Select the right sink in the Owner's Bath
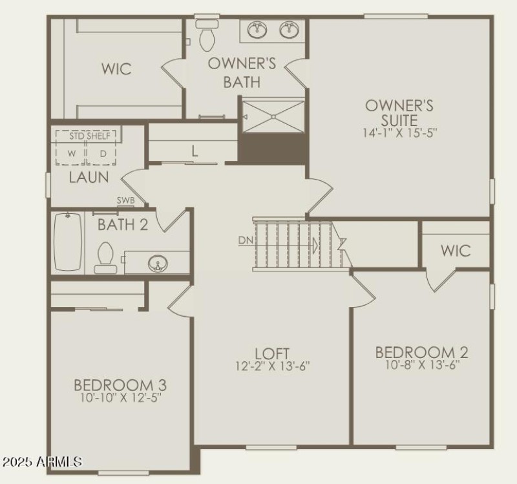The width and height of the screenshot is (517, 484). pyautogui.click(x=289, y=30)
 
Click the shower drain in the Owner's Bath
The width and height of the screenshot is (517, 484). pyautogui.click(x=273, y=116)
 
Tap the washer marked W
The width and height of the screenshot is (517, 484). pyautogui.click(x=72, y=154)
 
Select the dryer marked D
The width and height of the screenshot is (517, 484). pyautogui.click(x=102, y=154)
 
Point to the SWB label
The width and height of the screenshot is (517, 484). pyautogui.click(x=126, y=200)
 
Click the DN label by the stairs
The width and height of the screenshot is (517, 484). pyautogui.click(x=246, y=240)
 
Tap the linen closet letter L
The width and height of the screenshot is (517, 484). pyautogui.click(x=194, y=152)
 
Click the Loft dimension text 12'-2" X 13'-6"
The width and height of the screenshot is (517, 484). pyautogui.click(x=272, y=366)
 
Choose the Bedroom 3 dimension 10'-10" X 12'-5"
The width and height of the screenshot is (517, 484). pyautogui.click(x=120, y=398)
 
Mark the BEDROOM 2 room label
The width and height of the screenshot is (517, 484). pyautogui.click(x=421, y=352)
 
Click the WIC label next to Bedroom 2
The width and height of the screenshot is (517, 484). pyautogui.click(x=456, y=250)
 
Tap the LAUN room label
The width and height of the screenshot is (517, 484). pyautogui.click(x=89, y=177)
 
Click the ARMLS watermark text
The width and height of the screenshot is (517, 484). pyautogui.click(x=42, y=463)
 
